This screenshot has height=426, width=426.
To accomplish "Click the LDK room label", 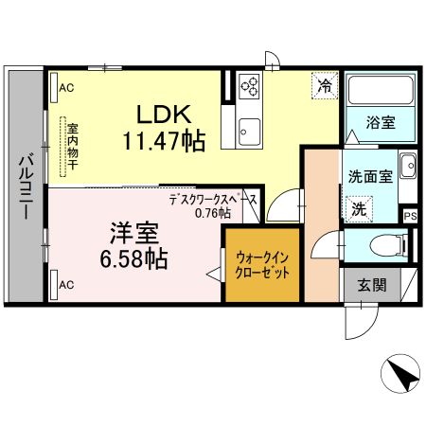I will pyautogui.click(x=166, y=115).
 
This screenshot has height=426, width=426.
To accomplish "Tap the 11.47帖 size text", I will pyautogui.click(x=166, y=140).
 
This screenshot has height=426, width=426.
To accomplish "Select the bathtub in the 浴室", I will pyautogui.click(x=378, y=94).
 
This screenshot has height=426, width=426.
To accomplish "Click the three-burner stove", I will pyautogui.click(x=250, y=86).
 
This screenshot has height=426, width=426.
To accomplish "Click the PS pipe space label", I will pyautogui.click(x=409, y=215).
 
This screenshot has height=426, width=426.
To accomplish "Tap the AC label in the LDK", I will pyautogui.click(x=66, y=88).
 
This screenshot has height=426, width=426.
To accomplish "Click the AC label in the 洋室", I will pyautogui.click(x=66, y=284).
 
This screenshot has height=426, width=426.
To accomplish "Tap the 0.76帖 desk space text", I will pyautogui.click(x=213, y=213).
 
